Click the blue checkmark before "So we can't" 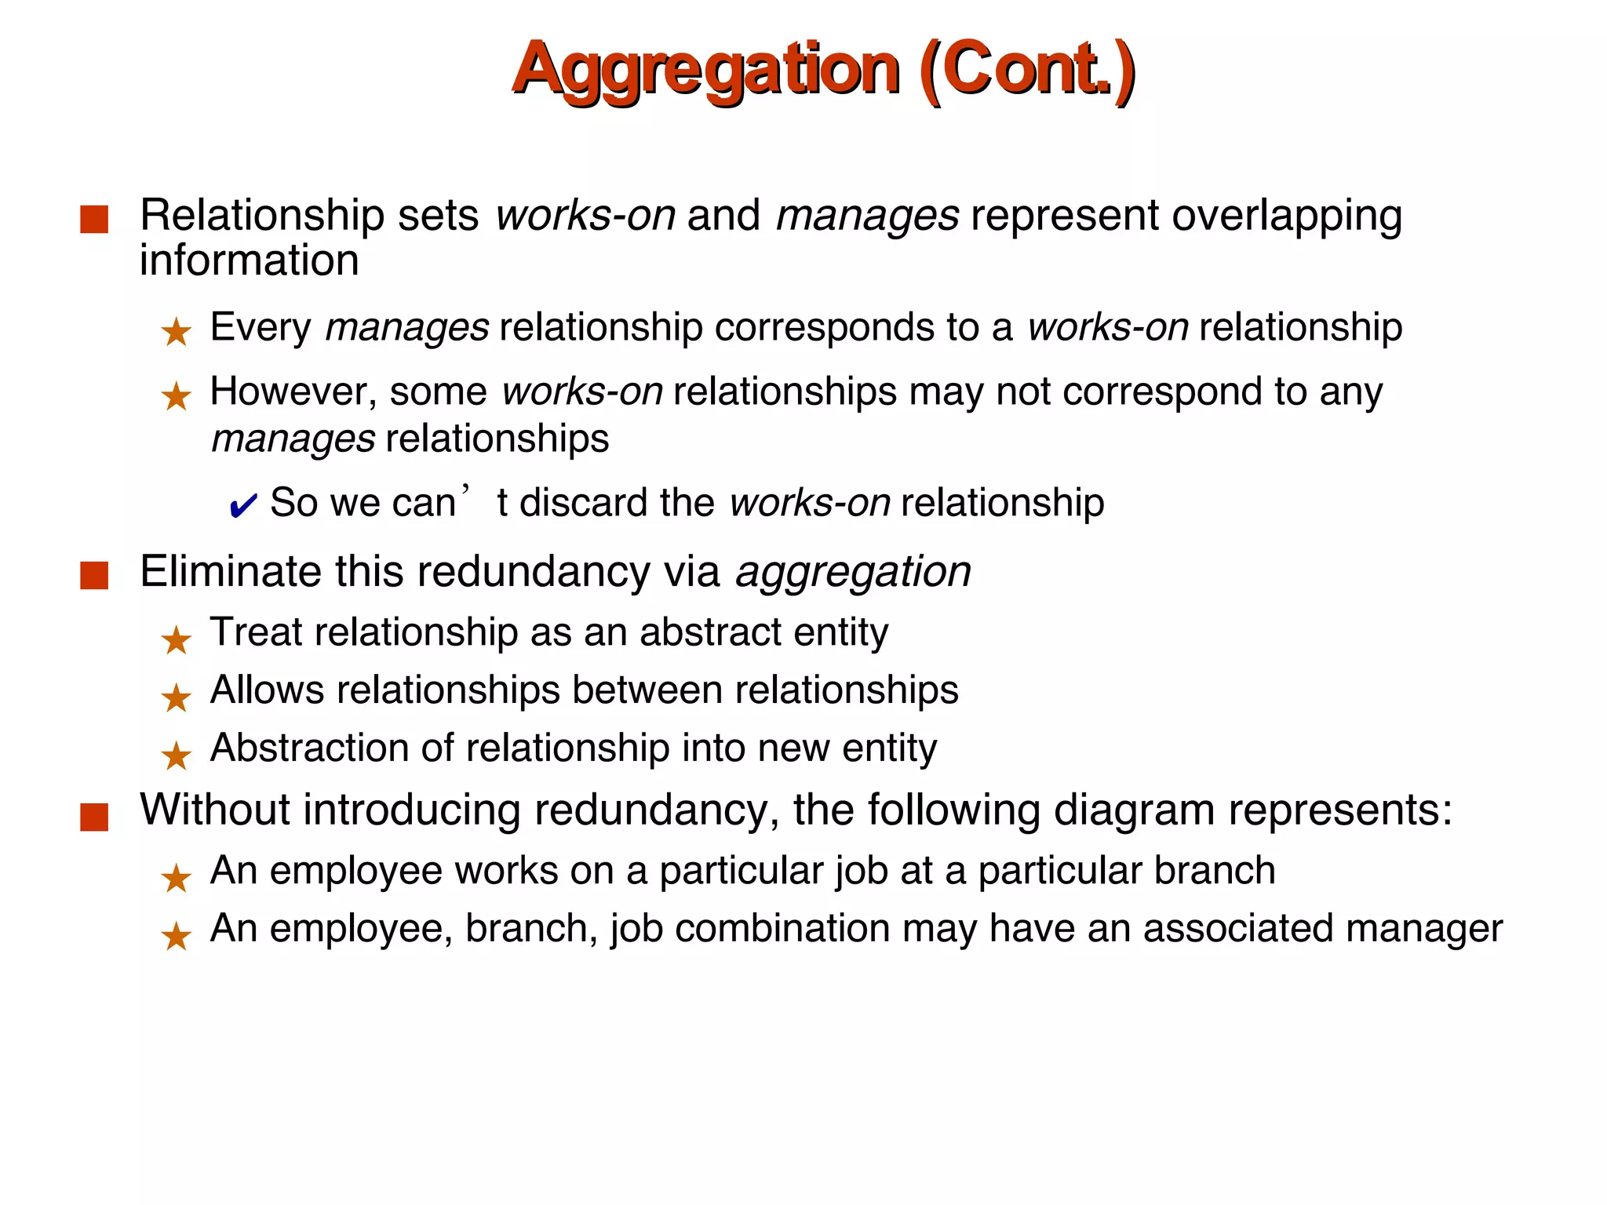click(242, 506)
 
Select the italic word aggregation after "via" click(853, 572)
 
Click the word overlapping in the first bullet click(1287, 216)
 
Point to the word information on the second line click(249, 260)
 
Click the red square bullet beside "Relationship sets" click(94, 219)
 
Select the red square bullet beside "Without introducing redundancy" click(94, 817)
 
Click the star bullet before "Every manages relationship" click(176, 332)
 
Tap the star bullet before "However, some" click(176, 396)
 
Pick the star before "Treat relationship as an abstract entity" click(176, 640)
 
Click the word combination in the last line click(782, 929)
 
